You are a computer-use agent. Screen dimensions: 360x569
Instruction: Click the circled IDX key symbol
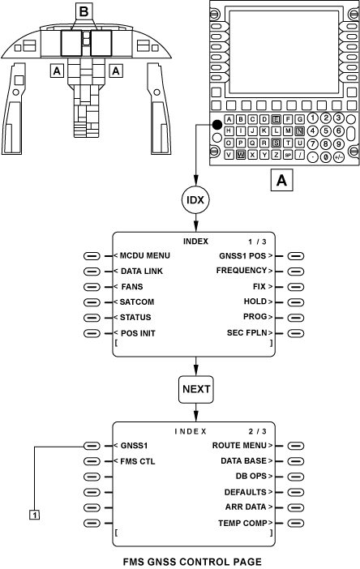tap(195, 200)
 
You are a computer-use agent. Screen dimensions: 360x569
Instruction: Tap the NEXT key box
tap(196, 389)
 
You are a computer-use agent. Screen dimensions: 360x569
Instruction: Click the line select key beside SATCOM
tap(92, 302)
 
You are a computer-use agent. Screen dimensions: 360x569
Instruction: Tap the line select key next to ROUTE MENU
tap(296, 446)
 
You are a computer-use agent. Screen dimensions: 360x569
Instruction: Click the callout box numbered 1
tap(35, 514)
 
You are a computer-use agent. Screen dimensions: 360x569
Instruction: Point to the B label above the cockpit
tap(84, 11)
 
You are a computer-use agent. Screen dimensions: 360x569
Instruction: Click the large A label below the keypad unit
tap(281, 180)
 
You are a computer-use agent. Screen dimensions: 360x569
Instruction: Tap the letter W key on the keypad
tap(241, 155)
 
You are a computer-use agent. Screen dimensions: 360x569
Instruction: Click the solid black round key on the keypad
tap(217, 125)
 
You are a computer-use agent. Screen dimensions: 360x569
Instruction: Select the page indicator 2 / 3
tap(257, 431)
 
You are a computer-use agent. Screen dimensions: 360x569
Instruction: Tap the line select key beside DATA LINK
tap(92, 272)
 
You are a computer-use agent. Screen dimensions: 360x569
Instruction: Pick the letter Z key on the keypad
tap(276, 155)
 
